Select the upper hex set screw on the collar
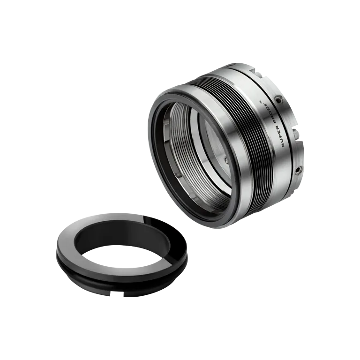280,100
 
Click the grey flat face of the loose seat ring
84,234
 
